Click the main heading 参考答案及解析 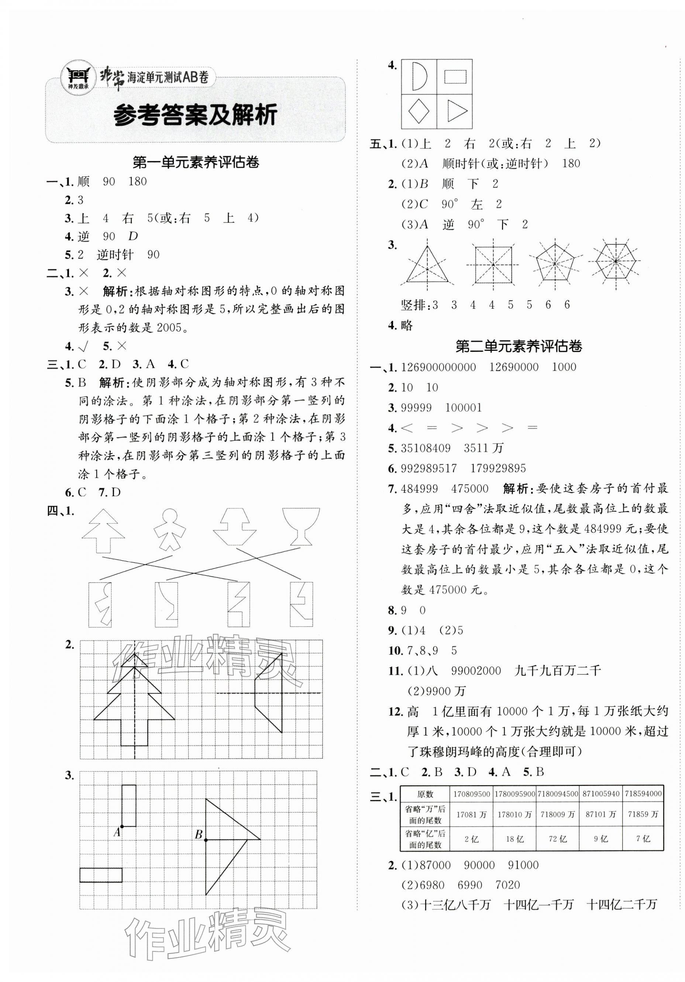click(195, 114)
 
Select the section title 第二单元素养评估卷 click(518, 346)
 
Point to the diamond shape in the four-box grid click(419, 111)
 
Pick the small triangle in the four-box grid click(456, 111)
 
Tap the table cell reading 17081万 click(471, 815)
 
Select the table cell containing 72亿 click(558, 839)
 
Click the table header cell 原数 click(424, 794)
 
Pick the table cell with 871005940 click(600, 794)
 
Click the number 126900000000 click(438, 367)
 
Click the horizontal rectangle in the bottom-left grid click(101, 875)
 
